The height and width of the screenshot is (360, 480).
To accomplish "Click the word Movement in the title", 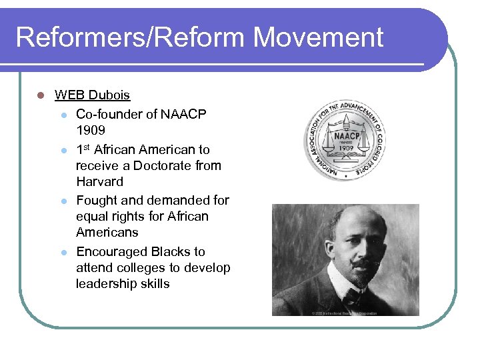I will pos(318,37).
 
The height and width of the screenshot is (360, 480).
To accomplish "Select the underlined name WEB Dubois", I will pos(92,95).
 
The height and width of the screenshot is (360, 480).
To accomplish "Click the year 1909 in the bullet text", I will pos(91,130).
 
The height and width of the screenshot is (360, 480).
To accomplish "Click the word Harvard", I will pos(99,181).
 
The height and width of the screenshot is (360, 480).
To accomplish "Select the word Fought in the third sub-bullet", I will pos(97,200).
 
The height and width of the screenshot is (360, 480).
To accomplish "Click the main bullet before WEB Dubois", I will pos(41,95).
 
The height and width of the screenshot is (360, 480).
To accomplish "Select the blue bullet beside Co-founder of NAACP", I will pos(63,115).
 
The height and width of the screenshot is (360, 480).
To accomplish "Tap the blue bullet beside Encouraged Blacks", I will pos(63,252).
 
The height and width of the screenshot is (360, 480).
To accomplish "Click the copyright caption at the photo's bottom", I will pos(345,313).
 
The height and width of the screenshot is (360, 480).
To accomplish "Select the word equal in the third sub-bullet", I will pos(93,216).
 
